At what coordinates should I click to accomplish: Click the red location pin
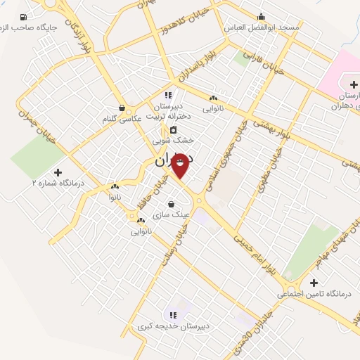(x=180, y=166)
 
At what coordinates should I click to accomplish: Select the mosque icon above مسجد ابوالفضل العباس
(x=262, y=17)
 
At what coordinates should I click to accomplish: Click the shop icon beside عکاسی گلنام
(x=122, y=108)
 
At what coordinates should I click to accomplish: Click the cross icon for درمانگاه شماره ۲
(x=58, y=172)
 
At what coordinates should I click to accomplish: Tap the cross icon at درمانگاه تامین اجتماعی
(x=314, y=282)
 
